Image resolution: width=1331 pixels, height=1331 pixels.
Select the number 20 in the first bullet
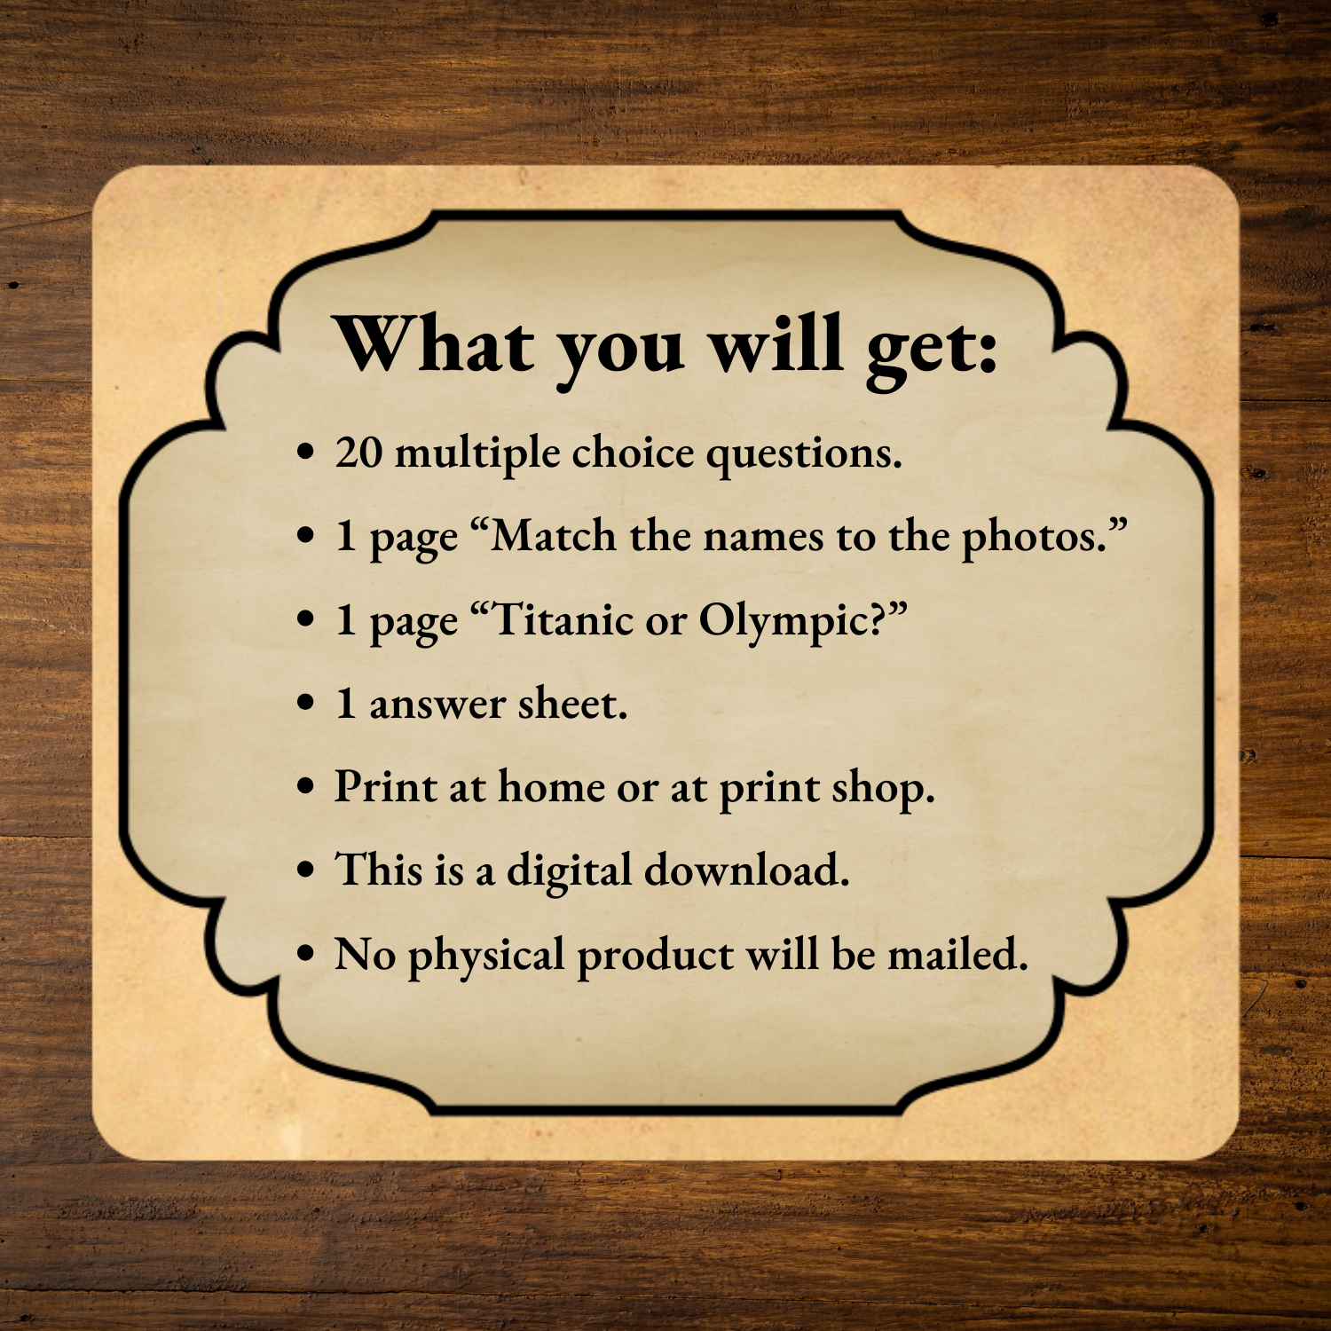358,453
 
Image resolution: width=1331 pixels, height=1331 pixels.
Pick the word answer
437,706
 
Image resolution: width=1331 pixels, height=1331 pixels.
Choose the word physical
486,957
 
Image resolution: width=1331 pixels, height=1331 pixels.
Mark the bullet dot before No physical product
306,955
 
